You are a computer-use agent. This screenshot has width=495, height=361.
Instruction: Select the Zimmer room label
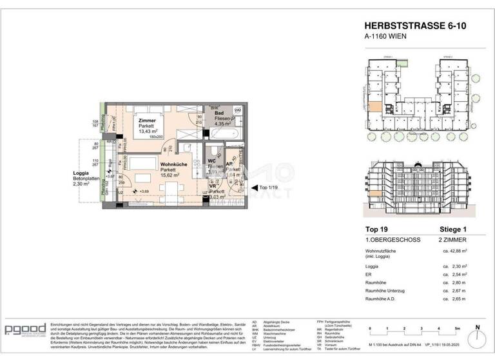tap(148, 121)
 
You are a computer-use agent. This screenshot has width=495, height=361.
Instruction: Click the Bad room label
tap(218, 114)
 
